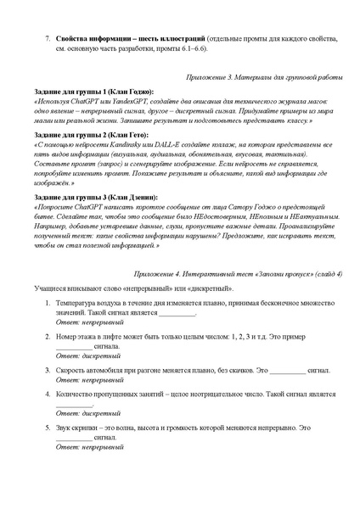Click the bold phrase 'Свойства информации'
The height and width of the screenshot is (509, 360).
[93, 40]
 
